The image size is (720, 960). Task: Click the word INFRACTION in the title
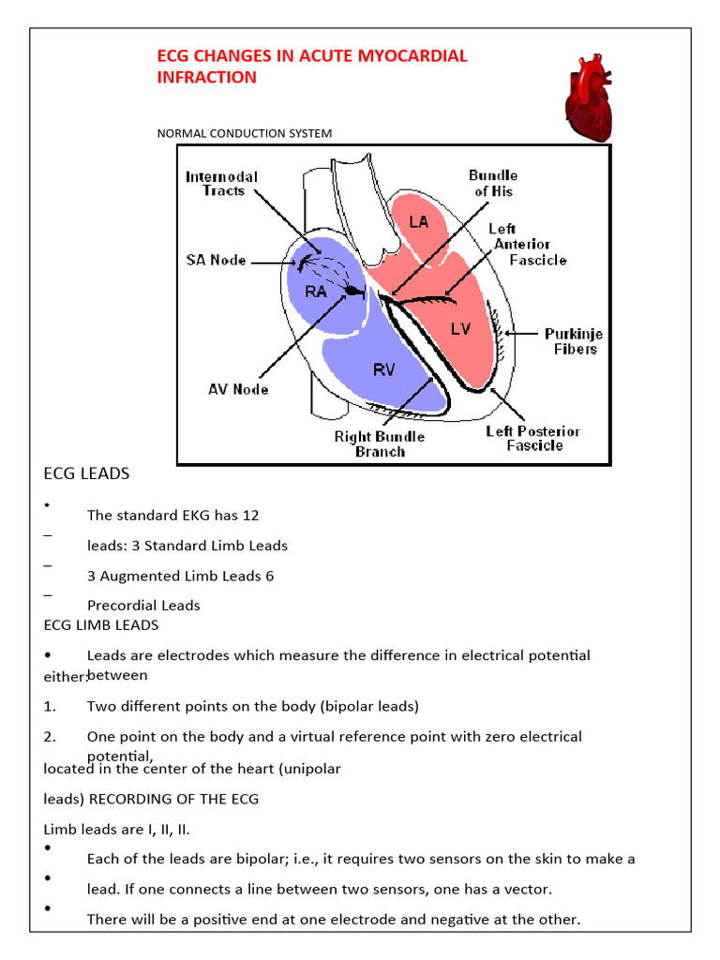tap(206, 78)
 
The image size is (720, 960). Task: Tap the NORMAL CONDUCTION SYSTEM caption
tap(244, 133)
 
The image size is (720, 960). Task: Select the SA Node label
tap(215, 260)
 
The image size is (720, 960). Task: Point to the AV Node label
tap(238, 389)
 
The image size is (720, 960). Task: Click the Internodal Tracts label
tap(221, 184)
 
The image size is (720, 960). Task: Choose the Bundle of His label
tap(492, 183)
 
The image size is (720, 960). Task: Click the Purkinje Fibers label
tap(574, 341)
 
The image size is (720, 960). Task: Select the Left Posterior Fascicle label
tap(532, 438)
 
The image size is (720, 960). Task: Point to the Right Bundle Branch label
tap(380, 443)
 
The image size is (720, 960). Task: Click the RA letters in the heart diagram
tap(315, 292)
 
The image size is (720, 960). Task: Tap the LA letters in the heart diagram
tap(419, 221)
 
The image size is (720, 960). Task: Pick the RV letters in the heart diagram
tap(384, 369)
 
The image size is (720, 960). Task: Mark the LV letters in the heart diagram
tap(460, 328)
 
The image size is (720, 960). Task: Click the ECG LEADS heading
tap(86, 474)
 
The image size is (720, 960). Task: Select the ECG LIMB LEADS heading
tap(101, 624)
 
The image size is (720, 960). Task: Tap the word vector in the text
tap(554, 889)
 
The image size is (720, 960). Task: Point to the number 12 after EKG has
tap(250, 515)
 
